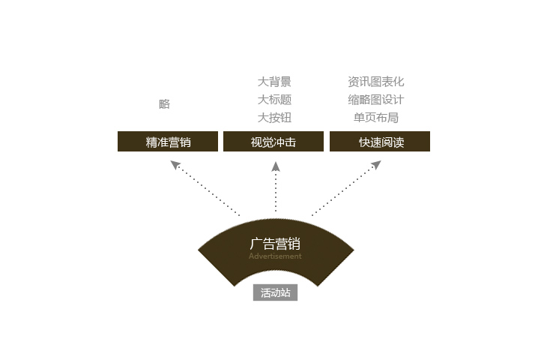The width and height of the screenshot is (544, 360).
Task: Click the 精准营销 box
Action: coord(168,141)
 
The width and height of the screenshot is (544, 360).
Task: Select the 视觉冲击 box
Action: coord(273,141)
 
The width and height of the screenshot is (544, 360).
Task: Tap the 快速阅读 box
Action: coord(380,141)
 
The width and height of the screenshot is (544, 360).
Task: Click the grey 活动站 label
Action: coord(275,292)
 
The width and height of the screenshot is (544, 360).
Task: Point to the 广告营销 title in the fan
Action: coord(275,244)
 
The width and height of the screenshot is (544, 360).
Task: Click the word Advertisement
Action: coord(275,256)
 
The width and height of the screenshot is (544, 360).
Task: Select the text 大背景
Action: coord(274,82)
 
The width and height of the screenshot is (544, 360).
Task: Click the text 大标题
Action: coord(274,100)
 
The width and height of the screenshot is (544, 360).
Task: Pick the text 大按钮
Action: coord(274,118)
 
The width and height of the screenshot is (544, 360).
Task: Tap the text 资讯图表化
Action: coord(376,82)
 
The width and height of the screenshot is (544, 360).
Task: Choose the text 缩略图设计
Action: coord(376,100)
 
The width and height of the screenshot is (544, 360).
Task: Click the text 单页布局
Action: coord(376,118)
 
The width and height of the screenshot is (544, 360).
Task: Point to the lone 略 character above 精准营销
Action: coord(164,103)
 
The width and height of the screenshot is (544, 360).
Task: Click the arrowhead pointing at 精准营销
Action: coord(175,164)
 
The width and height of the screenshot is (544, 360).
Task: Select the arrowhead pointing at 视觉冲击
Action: coord(276,166)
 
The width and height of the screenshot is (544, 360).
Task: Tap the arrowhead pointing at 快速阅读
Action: coord(377,164)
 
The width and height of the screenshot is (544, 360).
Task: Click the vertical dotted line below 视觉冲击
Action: coord(276,191)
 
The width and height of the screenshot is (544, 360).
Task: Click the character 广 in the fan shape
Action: coord(256,244)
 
